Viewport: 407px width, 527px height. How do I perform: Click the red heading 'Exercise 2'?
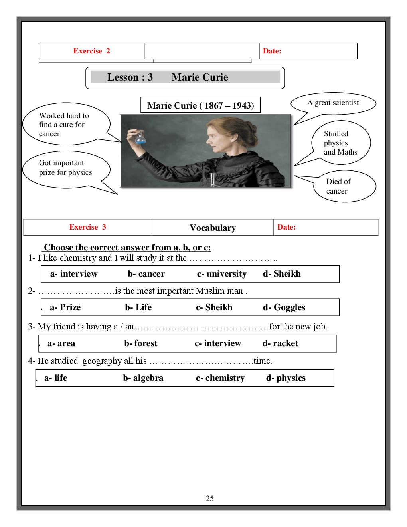point(91,51)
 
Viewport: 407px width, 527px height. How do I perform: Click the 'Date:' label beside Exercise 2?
point(272,51)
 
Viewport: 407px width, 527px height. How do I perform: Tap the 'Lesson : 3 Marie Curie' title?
point(168,77)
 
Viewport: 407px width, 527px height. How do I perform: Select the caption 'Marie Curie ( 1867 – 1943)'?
point(200,105)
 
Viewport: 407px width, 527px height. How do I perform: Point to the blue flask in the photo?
point(140,138)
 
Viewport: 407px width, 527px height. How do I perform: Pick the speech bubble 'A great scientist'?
point(333,103)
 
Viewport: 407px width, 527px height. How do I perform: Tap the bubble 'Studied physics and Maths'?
point(340,143)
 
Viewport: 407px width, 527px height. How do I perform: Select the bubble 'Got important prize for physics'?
point(66,168)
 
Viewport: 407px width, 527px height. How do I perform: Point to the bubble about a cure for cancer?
point(64,125)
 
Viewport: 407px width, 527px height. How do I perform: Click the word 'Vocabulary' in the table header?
point(213,228)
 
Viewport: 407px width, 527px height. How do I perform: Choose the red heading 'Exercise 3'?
point(87,227)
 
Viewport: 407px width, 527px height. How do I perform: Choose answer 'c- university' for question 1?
point(221,274)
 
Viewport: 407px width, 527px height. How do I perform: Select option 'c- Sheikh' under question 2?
point(214,307)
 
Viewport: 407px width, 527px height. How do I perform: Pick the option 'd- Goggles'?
point(284,307)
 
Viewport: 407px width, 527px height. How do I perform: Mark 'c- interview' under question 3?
point(217,343)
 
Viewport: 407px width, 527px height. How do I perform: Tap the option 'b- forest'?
point(140,343)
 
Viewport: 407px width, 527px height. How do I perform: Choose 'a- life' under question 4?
point(55,378)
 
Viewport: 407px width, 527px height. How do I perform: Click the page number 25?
point(209,498)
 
